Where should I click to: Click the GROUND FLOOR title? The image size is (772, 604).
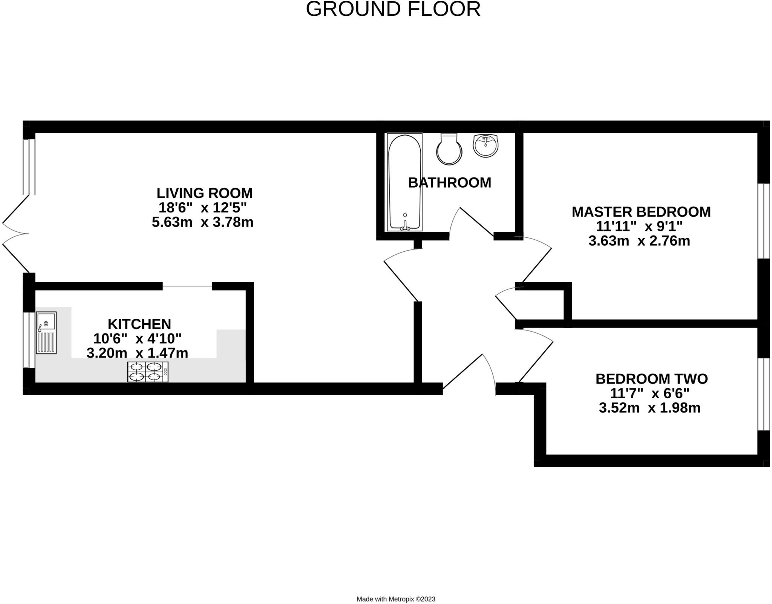click(x=393, y=9)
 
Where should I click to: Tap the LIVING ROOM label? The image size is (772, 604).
click(x=204, y=193)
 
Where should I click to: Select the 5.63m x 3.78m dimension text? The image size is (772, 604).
click(x=202, y=222)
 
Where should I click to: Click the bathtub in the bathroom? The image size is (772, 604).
click(x=404, y=182)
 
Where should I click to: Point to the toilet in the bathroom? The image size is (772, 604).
click(x=449, y=150)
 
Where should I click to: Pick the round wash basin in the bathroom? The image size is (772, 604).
click(x=486, y=145)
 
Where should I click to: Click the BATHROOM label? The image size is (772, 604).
click(x=449, y=183)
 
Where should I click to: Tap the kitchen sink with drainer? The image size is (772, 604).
click(x=46, y=332)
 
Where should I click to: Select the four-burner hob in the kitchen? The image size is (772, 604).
click(x=148, y=372)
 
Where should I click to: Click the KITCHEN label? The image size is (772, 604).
click(x=139, y=324)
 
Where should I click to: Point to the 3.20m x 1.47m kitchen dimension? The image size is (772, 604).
click(x=137, y=353)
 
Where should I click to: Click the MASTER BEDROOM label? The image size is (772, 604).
click(x=641, y=212)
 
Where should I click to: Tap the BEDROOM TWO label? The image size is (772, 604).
click(x=651, y=379)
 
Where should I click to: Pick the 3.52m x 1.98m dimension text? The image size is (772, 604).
click(x=649, y=408)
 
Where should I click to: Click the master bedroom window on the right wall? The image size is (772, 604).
click(x=763, y=221)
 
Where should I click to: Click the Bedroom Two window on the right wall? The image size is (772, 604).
click(x=763, y=394)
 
